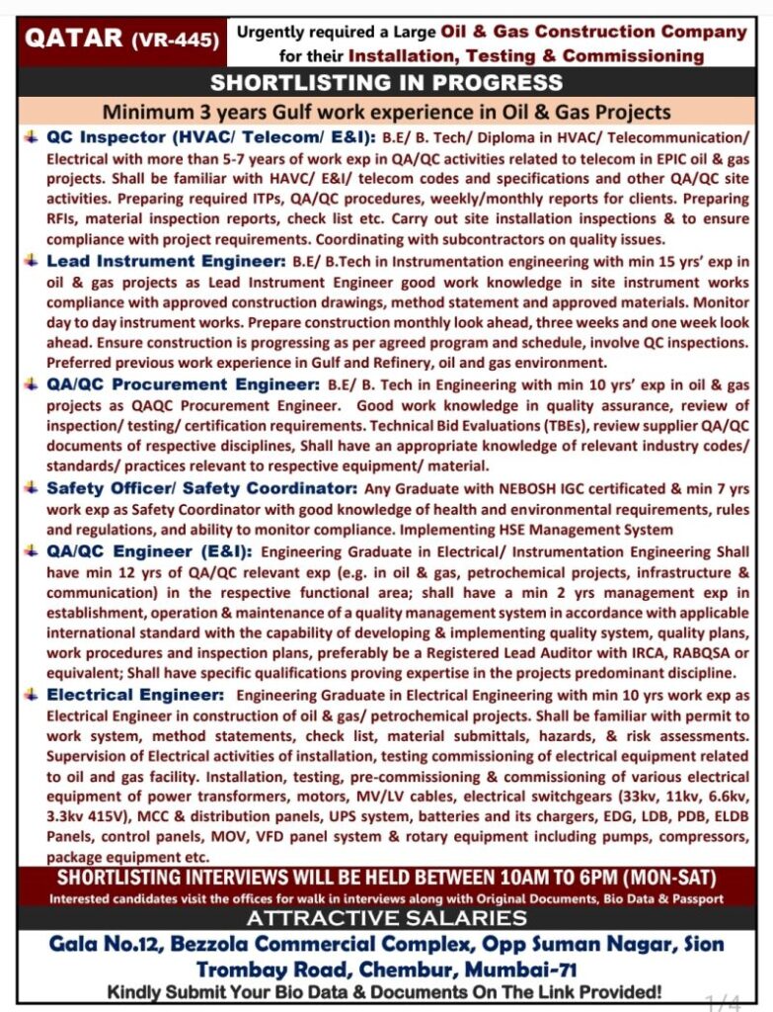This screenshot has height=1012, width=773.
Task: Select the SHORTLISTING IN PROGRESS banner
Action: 386,82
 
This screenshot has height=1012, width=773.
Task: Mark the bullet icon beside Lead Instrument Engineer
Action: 32,262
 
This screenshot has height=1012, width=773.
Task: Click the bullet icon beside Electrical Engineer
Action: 32,695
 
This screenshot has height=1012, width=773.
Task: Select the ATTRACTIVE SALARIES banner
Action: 386,918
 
